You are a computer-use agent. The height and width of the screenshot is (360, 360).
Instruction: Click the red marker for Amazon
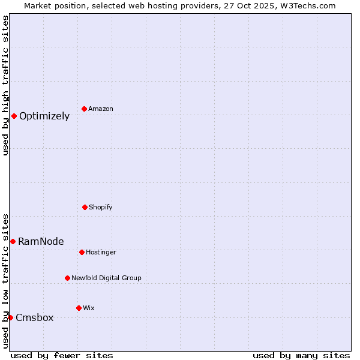(84, 109)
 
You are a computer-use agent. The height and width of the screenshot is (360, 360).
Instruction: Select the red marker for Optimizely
(14, 116)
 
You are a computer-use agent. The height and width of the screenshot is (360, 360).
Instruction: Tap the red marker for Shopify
(85, 207)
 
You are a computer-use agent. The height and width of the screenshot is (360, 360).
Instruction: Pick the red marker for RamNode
(13, 241)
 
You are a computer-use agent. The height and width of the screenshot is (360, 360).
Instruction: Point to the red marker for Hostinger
(82, 252)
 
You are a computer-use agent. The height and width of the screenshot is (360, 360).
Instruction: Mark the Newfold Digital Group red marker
(67, 278)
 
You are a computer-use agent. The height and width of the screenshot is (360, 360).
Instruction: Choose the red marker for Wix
(79, 308)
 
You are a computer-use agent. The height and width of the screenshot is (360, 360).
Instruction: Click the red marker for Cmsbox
(10, 317)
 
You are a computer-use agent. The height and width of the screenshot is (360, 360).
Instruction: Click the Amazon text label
(101, 109)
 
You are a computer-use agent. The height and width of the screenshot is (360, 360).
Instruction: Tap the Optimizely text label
(44, 116)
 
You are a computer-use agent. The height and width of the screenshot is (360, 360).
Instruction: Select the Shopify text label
(101, 208)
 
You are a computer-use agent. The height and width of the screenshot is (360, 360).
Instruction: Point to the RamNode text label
(41, 242)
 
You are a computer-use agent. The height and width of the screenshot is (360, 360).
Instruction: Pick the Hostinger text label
(101, 253)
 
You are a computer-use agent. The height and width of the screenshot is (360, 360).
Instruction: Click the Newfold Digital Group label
(106, 278)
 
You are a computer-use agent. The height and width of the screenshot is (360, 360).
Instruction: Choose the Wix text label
(89, 308)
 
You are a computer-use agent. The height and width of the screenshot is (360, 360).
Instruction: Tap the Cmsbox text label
(34, 318)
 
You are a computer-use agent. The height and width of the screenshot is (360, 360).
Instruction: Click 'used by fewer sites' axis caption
(62, 355)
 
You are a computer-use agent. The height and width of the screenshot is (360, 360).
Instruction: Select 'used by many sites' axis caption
(301, 355)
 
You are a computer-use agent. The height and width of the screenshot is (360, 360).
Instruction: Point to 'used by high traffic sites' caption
(6, 85)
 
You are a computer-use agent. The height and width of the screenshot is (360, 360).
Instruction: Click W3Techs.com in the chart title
(307, 5)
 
